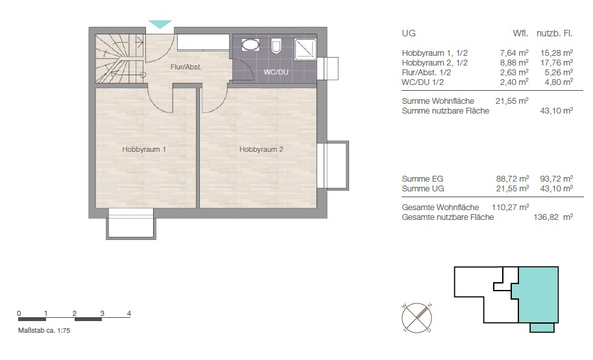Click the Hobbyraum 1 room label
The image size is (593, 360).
[144, 149]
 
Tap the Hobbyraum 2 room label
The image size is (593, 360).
[261, 149]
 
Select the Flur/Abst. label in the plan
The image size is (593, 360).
[186, 67]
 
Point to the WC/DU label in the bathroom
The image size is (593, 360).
[276, 72]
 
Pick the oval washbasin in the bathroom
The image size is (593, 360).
[250, 45]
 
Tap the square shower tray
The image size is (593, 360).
[305, 49]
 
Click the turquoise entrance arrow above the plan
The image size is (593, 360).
[160, 24]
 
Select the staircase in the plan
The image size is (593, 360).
[120, 58]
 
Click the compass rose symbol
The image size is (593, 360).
[417, 318]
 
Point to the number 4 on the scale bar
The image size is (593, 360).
[129, 313]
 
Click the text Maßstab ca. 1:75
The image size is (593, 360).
[44, 330]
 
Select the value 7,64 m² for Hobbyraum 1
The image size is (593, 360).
[514, 53]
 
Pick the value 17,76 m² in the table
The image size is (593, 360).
[556, 63]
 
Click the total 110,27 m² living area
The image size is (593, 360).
[510, 207]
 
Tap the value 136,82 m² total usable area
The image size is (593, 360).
[553, 217]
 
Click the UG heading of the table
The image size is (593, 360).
[409, 33]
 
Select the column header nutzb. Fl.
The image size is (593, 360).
[555, 33]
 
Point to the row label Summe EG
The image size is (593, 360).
[422, 178]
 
